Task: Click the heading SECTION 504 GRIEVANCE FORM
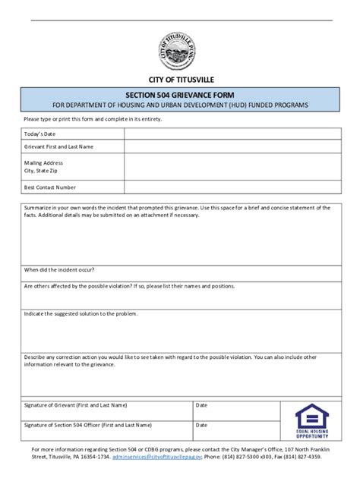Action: [180, 95]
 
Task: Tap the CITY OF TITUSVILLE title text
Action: [180, 80]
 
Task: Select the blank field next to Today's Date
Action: [227, 134]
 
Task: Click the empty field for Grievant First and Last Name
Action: [227, 147]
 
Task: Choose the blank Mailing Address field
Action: [227, 167]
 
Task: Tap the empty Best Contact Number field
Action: [227, 187]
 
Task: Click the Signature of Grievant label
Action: [75, 405]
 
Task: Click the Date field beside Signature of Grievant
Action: [239, 410]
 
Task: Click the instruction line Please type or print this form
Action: [93, 119]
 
